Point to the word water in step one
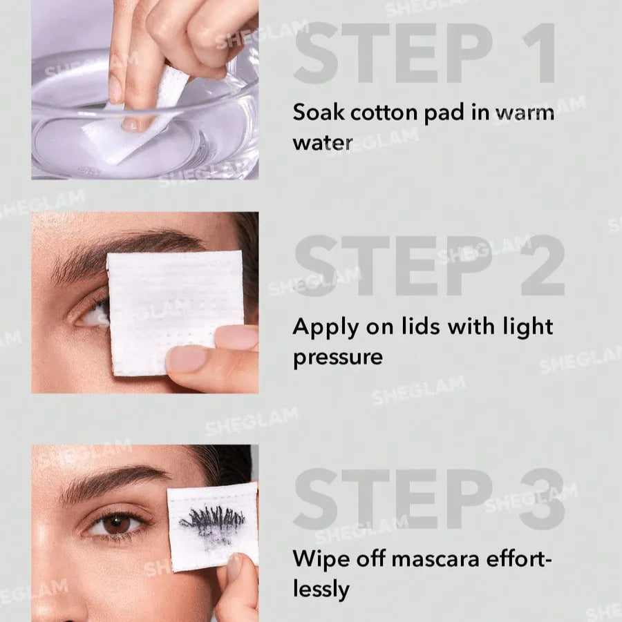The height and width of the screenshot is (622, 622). [x=322, y=143]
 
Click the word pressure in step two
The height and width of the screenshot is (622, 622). [x=338, y=358]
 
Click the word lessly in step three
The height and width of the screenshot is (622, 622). [x=321, y=589]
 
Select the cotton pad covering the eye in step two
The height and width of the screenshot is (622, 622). [x=173, y=304]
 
